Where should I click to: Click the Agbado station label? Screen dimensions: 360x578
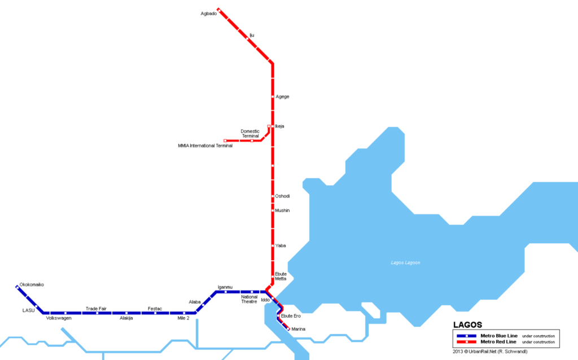tap(208, 14)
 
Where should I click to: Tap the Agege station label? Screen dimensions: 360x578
tap(282, 96)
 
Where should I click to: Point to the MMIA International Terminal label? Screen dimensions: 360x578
tap(205, 146)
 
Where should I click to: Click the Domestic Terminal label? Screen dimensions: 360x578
tap(250, 134)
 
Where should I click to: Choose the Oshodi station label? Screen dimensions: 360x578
tap(282, 196)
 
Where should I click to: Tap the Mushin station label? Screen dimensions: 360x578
tap(282, 210)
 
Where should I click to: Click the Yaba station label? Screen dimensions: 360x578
tap(281, 245)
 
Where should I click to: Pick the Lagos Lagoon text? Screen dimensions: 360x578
tap(406, 263)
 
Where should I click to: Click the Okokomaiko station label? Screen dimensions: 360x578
tap(32, 284)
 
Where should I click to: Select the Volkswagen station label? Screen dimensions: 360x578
tap(59, 318)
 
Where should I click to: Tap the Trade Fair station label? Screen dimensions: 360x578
tap(96, 309)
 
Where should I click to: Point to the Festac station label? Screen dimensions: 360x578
tap(155, 309)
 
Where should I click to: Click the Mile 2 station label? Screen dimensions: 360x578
tap(184, 318)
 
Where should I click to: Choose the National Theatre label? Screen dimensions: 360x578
tap(249, 299)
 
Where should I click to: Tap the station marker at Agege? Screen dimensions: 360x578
tap(273, 97)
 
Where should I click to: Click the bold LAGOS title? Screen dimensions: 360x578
tap(467, 325)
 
